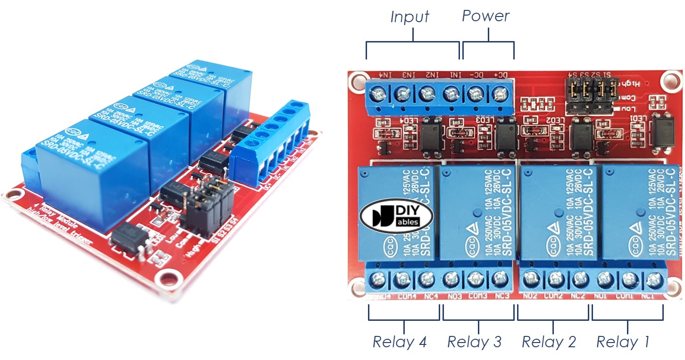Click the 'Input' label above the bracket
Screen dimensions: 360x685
[409, 17]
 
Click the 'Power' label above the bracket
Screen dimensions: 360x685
[485, 16]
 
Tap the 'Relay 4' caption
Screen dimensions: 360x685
[400, 342]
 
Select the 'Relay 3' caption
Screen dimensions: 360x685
[474, 342]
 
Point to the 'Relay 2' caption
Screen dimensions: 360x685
[549, 342]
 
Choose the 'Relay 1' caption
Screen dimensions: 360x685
[623, 342]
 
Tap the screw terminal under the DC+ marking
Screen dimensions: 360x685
[498, 96]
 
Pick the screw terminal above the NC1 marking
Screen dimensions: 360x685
[653, 281]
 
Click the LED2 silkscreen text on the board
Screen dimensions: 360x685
[554, 121]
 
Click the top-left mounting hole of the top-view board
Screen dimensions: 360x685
[356, 80]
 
